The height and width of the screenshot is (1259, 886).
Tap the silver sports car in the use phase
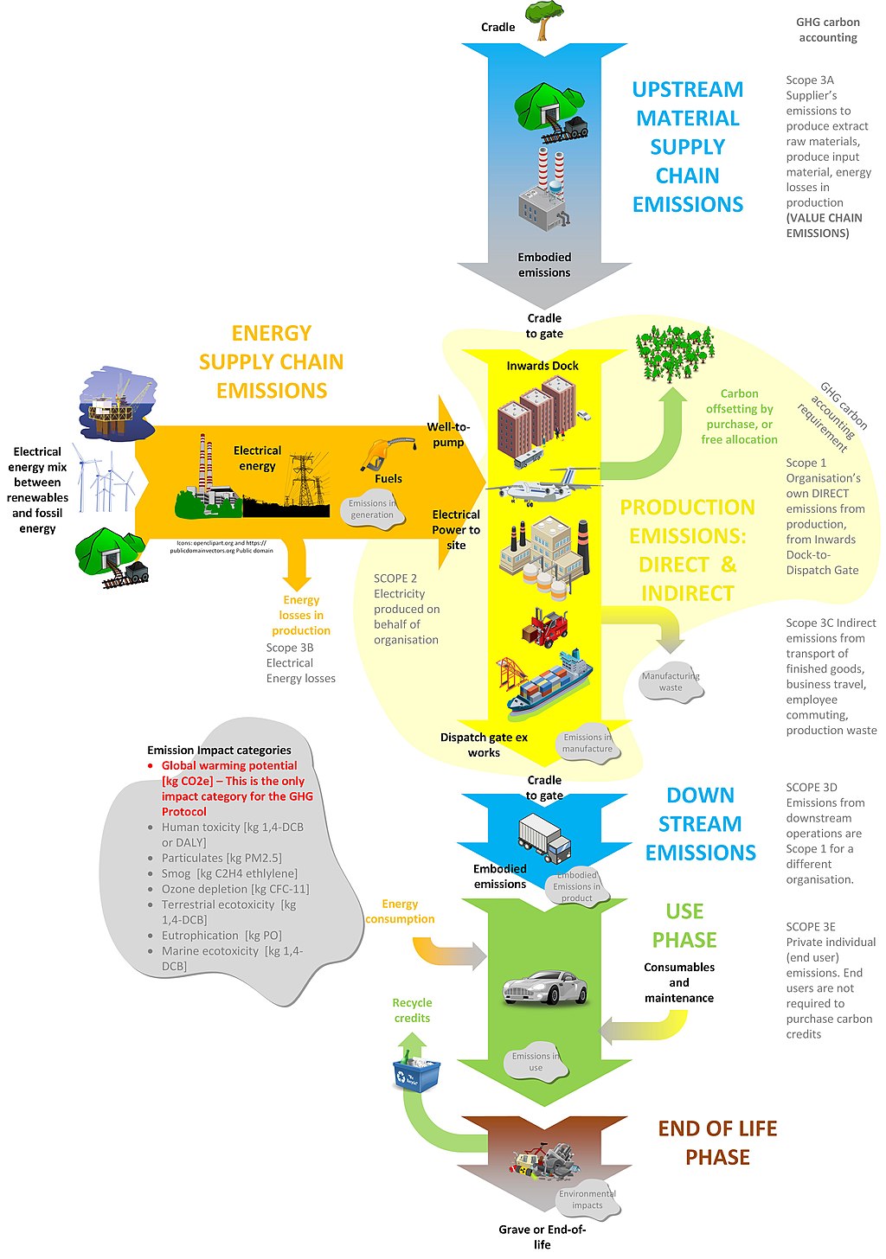(545, 987)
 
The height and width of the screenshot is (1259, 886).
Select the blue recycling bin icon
(416, 1072)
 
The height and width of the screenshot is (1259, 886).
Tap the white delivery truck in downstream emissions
(544, 838)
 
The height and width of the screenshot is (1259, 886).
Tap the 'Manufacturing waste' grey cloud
(671, 682)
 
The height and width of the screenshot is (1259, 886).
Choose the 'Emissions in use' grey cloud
(536, 1062)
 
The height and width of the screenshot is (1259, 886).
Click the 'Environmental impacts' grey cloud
(587, 1199)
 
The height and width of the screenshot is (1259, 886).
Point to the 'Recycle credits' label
(412, 1010)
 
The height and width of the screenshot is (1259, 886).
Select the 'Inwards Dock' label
(543, 366)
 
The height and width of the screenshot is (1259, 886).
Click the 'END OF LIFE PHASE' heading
(717, 1142)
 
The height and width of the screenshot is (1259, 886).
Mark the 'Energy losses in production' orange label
(301, 615)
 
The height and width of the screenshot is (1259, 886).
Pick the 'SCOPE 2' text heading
(395, 578)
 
